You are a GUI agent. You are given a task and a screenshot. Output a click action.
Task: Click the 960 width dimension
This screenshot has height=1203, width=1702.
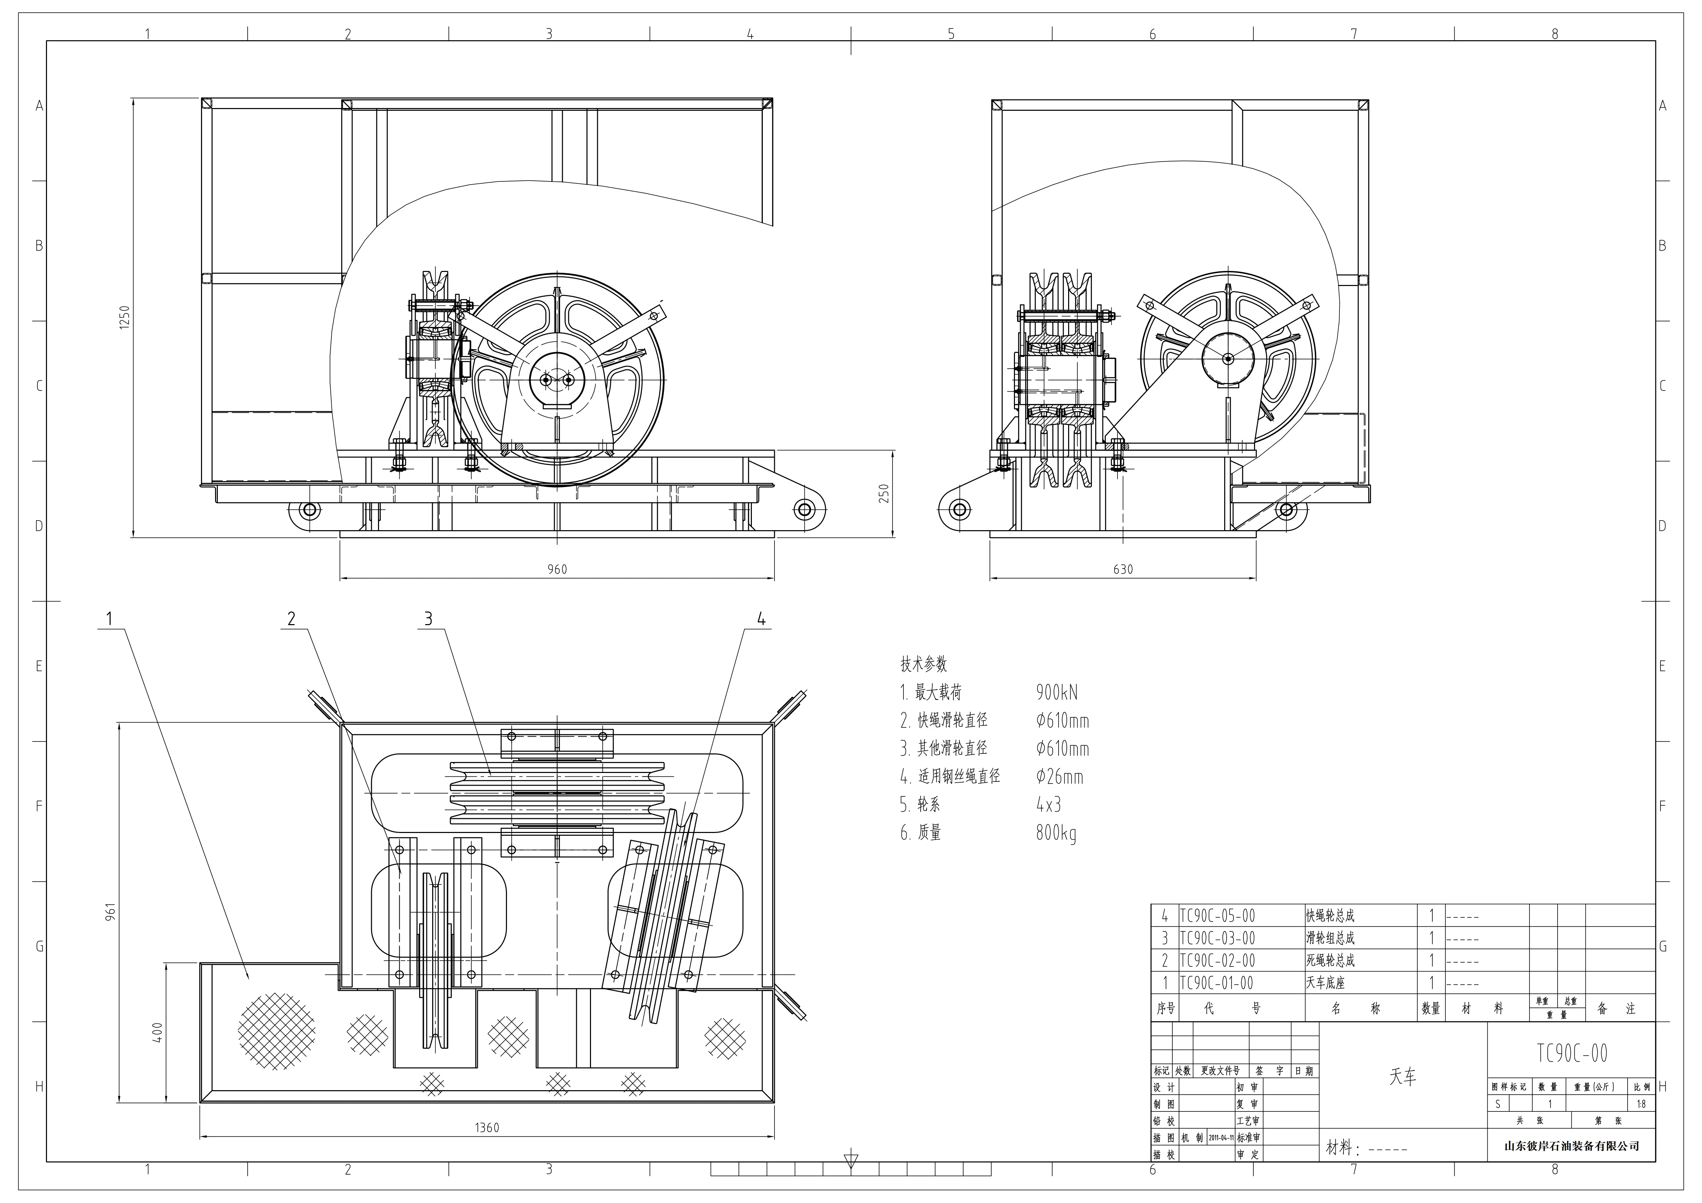[557, 569]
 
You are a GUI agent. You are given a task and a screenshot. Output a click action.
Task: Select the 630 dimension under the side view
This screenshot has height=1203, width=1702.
[1123, 569]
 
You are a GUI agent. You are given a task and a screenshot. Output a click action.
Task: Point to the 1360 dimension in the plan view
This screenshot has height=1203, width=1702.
[487, 1128]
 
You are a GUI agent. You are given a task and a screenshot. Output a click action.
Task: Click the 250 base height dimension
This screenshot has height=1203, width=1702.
[884, 494]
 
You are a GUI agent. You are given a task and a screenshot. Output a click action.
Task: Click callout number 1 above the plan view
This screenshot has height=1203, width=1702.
[110, 618]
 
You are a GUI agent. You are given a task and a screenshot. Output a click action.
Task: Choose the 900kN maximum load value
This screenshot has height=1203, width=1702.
[1056, 692]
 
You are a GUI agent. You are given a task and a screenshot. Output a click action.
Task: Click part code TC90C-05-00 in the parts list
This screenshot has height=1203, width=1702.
[1217, 916]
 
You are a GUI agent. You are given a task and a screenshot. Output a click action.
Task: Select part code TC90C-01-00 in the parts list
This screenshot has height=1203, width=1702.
[1217, 983]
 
